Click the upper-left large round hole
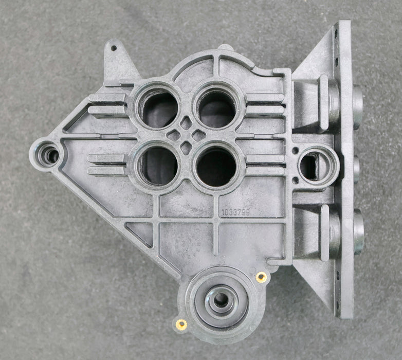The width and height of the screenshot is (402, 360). pos(158,109)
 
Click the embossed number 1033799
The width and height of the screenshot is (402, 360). pos(235,211)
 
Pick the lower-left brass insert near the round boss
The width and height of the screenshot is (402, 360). pos(181,324)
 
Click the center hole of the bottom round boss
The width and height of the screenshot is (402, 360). pos(222,300)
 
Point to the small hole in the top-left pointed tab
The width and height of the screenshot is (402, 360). pos(114,49)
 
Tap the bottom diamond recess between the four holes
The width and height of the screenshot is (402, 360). pos(187,149)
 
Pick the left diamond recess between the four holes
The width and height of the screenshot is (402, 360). pos(174,136)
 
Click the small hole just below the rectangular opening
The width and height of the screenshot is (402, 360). pos(296,181)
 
